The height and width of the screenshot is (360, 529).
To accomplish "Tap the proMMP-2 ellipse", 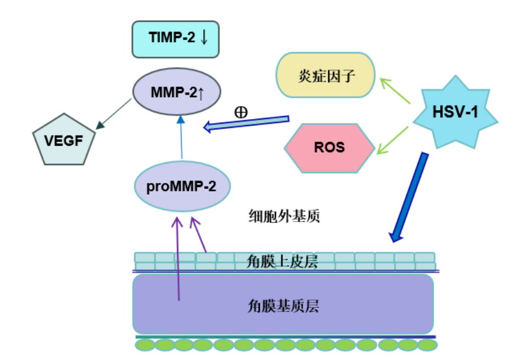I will click(181, 187).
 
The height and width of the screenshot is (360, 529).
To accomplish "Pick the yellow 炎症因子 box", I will click(326, 75).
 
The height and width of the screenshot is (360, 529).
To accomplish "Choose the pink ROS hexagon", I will click(330, 147).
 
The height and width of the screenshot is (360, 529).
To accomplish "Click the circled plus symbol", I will click(241, 112).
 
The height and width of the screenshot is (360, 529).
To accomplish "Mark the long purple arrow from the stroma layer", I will click(178, 261).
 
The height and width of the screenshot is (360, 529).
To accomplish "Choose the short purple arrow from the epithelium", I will click(199, 237).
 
